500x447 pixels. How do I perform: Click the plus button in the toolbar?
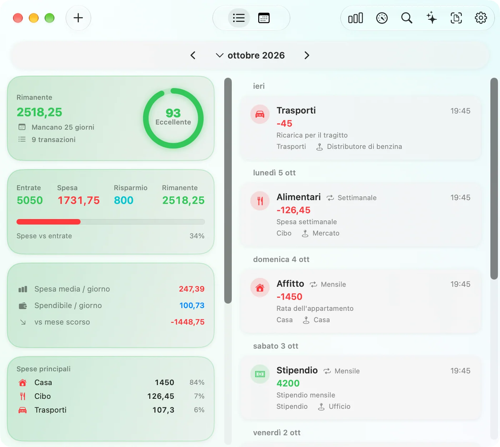(78, 18)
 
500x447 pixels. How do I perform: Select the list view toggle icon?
(239, 18)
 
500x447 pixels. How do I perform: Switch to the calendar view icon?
(264, 18)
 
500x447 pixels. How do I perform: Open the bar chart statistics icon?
(355, 18)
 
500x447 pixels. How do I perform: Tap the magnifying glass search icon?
(406, 18)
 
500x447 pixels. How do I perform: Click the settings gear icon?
(480, 18)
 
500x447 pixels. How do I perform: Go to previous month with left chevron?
(193, 55)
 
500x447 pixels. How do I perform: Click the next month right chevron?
(306, 55)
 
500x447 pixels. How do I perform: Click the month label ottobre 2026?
(256, 55)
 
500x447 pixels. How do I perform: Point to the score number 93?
(173, 113)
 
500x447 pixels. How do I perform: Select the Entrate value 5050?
(30, 200)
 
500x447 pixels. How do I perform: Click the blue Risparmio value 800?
(124, 200)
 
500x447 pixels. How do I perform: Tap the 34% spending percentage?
(197, 236)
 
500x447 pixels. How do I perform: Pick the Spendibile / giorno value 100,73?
(192, 305)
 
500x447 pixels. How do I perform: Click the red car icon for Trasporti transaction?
(260, 114)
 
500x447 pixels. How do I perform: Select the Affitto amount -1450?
(289, 297)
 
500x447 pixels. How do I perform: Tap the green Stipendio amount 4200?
(288, 383)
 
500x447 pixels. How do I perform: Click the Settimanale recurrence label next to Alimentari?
(357, 197)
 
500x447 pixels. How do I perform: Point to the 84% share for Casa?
(197, 382)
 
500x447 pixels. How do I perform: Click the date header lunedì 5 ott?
(274, 173)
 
